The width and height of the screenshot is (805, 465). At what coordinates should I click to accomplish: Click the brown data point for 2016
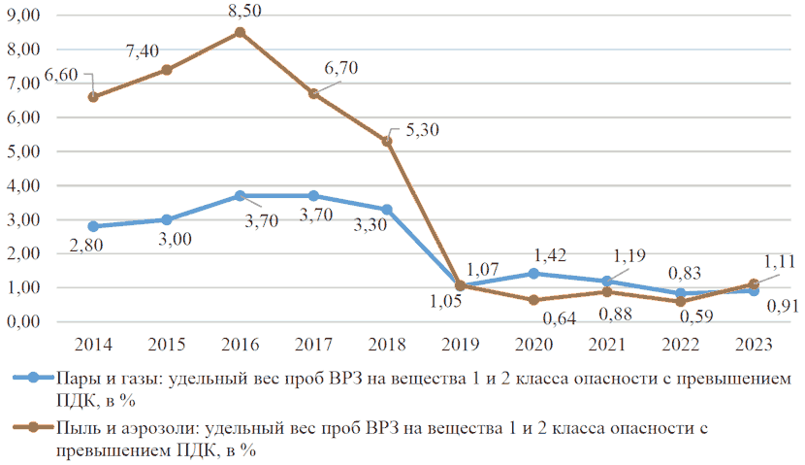point(240,32)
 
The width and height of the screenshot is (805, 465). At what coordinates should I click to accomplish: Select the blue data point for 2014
point(93,226)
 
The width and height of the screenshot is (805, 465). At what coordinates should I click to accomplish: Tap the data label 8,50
point(244,11)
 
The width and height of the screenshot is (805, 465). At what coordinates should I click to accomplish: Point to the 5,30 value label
point(423,129)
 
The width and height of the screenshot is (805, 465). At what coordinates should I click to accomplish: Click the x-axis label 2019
point(461,345)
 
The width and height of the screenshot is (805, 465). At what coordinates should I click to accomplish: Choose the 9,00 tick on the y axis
point(23,15)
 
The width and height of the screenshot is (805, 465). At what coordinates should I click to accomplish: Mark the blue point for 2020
point(534,274)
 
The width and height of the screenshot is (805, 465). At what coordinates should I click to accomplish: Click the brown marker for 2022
point(681,302)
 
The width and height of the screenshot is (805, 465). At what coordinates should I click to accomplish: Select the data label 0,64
point(560,318)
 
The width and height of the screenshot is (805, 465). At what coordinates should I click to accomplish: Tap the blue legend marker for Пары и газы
point(33,378)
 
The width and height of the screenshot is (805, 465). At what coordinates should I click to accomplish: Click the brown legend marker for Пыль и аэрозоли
point(33,427)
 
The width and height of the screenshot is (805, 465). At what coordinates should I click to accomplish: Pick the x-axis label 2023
point(755,345)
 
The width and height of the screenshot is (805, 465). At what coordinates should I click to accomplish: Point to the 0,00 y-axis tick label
point(23,322)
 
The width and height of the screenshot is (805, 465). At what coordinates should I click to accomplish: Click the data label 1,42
point(550,255)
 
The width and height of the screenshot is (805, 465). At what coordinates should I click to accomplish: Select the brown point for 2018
point(387,142)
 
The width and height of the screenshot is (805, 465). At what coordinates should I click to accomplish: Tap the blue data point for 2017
point(313,196)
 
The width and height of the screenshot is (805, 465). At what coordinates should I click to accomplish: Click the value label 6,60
point(61,75)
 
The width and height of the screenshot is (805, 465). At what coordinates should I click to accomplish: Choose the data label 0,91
point(783,306)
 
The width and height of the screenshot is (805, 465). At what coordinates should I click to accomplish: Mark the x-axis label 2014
point(93,345)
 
